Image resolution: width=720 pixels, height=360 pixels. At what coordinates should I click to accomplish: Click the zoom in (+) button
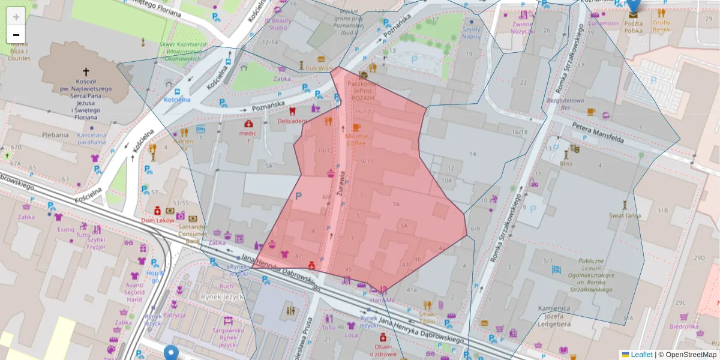click(x=16, y=16)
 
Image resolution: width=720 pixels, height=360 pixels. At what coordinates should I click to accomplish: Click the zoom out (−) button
click(x=16, y=35)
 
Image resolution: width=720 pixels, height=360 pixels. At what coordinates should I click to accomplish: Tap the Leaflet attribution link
click(x=641, y=355)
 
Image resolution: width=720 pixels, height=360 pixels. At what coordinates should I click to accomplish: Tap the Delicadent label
click(x=292, y=121)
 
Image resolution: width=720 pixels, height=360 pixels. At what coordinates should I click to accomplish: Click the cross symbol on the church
click(x=86, y=71)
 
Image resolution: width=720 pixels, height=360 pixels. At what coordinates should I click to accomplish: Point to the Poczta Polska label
click(x=634, y=26)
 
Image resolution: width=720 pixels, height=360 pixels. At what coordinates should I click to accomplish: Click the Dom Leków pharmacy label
click(x=157, y=220)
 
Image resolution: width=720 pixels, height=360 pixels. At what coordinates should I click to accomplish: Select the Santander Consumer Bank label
click(x=193, y=234)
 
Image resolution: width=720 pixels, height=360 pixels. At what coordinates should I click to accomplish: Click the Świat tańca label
click(x=626, y=215)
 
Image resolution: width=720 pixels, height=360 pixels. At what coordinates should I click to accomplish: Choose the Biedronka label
click(x=684, y=326)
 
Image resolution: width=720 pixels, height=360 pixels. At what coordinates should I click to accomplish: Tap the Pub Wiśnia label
click(x=320, y=68)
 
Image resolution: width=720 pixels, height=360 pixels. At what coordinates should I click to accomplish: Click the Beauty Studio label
click(x=280, y=24)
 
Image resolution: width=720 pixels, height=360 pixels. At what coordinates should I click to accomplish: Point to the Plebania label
click(x=55, y=135)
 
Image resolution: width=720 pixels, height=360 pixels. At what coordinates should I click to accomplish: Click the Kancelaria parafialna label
click(x=91, y=139)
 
